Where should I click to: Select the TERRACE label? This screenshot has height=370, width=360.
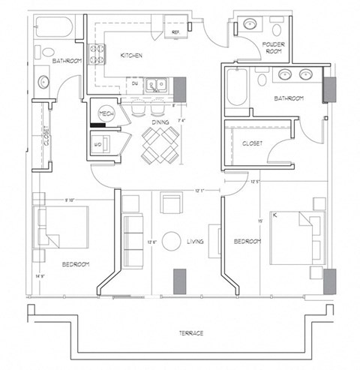click(192, 332)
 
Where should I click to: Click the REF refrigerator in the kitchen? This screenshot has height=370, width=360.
click(175, 33)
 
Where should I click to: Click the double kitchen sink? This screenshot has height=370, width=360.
click(156, 84)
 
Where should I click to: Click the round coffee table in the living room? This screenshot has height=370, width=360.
click(171, 241)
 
